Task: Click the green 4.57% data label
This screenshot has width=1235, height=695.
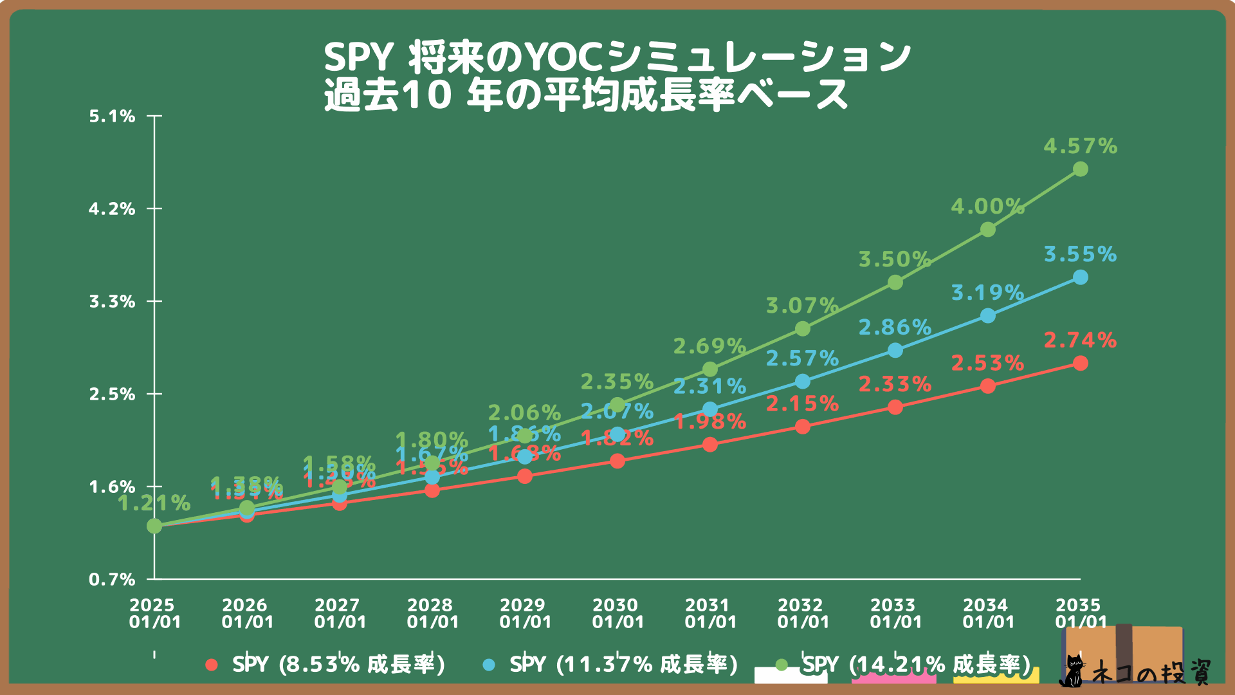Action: pos(1080,146)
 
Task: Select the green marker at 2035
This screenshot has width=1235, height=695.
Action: pos(1081,169)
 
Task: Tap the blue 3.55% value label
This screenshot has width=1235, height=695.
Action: pos(1080,254)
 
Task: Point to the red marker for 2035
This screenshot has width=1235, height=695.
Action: pos(1081,364)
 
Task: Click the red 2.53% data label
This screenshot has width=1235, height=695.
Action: pos(987,363)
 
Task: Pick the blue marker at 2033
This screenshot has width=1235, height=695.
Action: pos(895,351)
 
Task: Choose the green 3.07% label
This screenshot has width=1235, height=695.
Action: pos(802,305)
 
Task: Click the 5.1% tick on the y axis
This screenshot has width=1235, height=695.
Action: pos(113,116)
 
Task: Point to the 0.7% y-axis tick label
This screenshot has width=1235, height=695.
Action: pos(113,579)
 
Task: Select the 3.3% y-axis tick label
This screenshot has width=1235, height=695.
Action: pos(113,301)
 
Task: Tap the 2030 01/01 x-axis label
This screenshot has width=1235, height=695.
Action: pos(617,613)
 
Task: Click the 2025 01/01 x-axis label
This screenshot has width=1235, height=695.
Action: pos(154,613)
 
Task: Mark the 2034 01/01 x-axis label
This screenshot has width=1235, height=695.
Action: pos(988,613)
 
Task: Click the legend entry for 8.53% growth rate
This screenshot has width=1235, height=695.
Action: pos(325,664)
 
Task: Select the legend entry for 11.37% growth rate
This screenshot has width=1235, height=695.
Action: pos(610,664)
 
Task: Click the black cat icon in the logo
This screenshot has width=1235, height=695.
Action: pos(1072,671)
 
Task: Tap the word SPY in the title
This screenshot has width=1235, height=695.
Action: pos(358,57)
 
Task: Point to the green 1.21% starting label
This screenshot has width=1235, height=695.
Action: pos(154,503)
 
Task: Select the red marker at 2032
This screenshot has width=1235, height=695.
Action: pos(803,427)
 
